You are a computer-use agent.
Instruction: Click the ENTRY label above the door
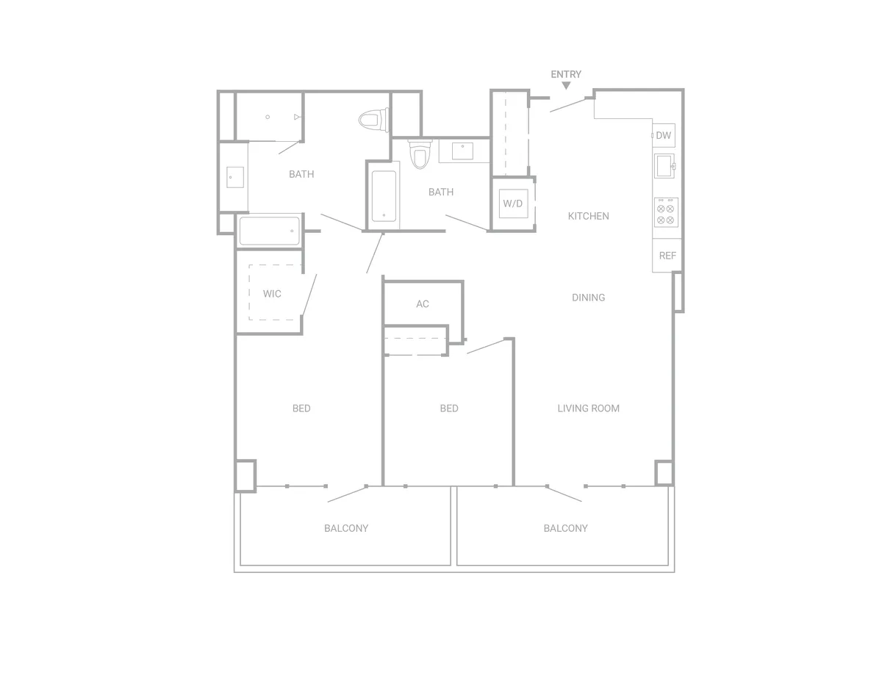coord(566,74)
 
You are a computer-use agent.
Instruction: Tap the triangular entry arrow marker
coord(566,85)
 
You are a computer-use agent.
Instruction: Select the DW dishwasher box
coord(664,135)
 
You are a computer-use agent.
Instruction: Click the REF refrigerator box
coord(667,256)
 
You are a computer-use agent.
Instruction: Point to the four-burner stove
coord(666,212)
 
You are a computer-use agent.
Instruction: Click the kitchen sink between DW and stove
coord(664,166)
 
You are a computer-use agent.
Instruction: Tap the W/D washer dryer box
coord(513,203)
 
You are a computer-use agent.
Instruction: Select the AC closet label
coord(423,304)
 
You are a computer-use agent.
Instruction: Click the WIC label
coord(272,294)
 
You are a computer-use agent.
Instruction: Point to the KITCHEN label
coord(588,216)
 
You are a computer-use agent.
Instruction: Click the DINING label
coord(588,298)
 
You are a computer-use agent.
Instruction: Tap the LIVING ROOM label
coord(588,408)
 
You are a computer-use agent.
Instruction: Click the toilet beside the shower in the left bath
coord(373,120)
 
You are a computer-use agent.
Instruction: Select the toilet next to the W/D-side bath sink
coord(420,154)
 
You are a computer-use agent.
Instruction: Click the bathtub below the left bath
coord(270,231)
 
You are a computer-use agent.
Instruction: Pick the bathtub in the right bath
coord(384,196)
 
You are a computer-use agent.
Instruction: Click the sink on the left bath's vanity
coord(235,177)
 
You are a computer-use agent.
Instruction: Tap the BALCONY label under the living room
coord(565,528)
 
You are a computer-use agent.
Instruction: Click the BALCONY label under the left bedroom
coord(346,528)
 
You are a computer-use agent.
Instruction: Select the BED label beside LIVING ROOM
coord(449,408)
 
